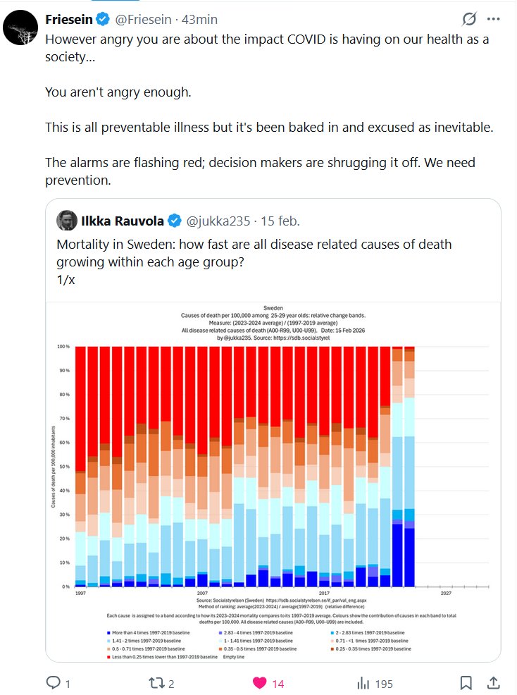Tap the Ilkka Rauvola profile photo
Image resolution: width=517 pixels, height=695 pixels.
68,221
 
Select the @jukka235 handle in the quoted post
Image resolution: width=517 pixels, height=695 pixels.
218,221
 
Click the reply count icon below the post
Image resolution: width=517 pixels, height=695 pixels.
54,682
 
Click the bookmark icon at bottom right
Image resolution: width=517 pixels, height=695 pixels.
466,682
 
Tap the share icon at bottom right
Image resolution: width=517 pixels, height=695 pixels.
494,682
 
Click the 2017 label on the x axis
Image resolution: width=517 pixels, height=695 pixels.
323,593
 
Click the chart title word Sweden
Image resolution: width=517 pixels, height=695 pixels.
273,308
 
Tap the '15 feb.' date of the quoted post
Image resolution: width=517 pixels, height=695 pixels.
280,221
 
